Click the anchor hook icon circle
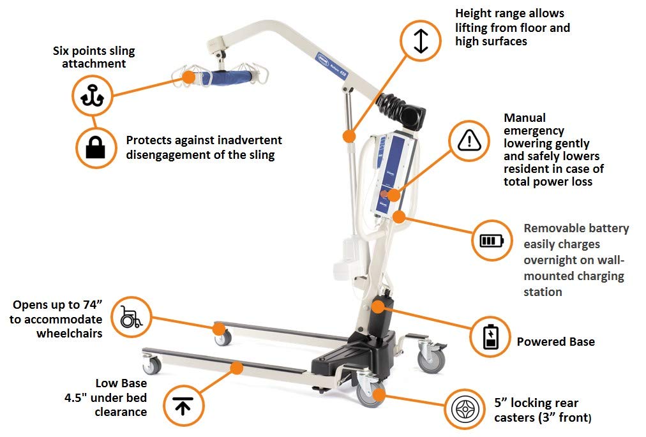93,96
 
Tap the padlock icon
96,148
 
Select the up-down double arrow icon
421,41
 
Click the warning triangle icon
469,141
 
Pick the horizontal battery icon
492,240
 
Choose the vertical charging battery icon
490,337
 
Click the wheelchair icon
131,317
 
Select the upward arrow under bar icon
183,406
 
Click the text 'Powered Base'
556,341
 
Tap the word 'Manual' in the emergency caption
525,118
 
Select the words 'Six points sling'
94,51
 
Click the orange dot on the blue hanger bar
189,77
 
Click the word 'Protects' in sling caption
149,140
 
